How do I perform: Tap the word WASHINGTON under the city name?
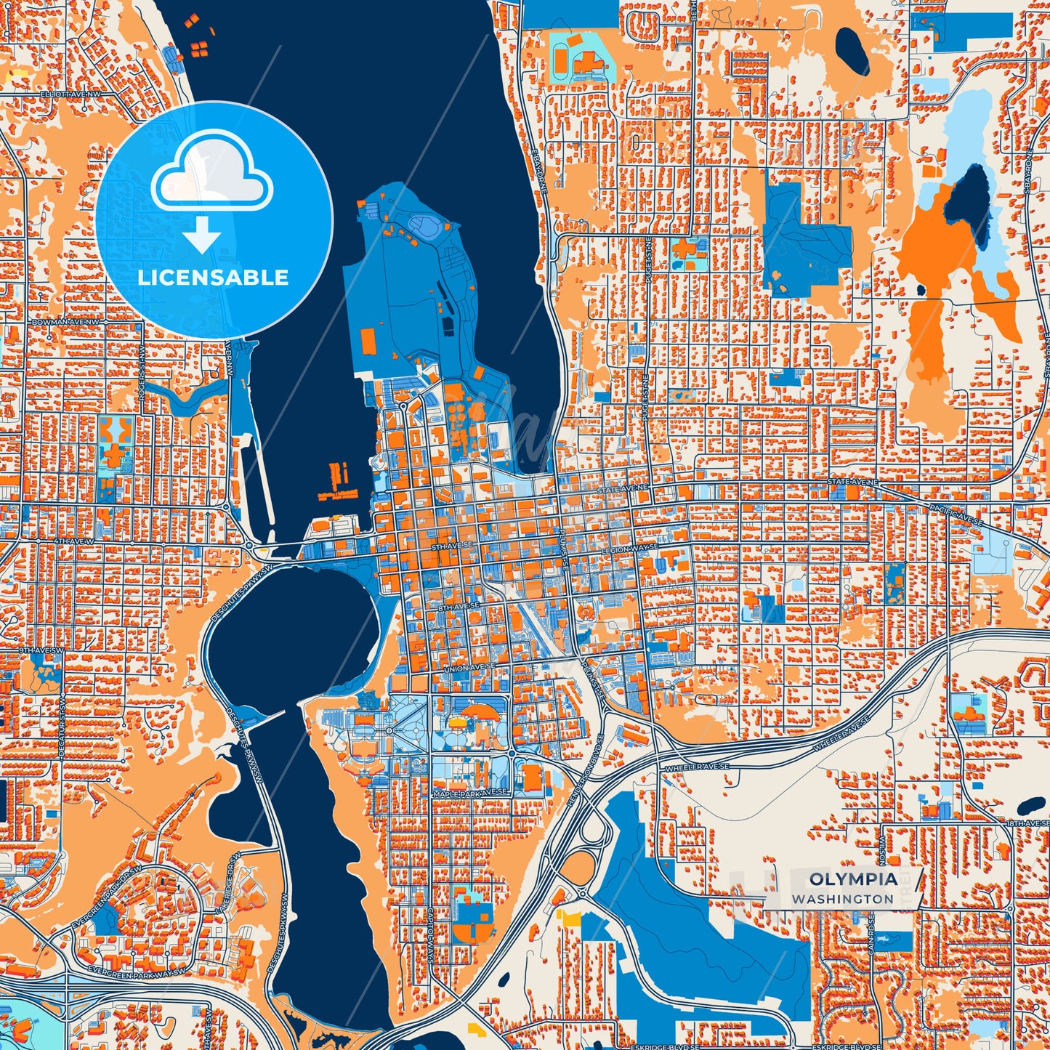(842, 899)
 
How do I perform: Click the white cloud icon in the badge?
(211, 173)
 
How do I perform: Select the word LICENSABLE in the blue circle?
(213, 277)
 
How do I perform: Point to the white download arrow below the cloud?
(202, 234)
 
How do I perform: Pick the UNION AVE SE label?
(469, 665)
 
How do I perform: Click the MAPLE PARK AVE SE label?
(469, 792)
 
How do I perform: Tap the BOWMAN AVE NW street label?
(65, 321)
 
